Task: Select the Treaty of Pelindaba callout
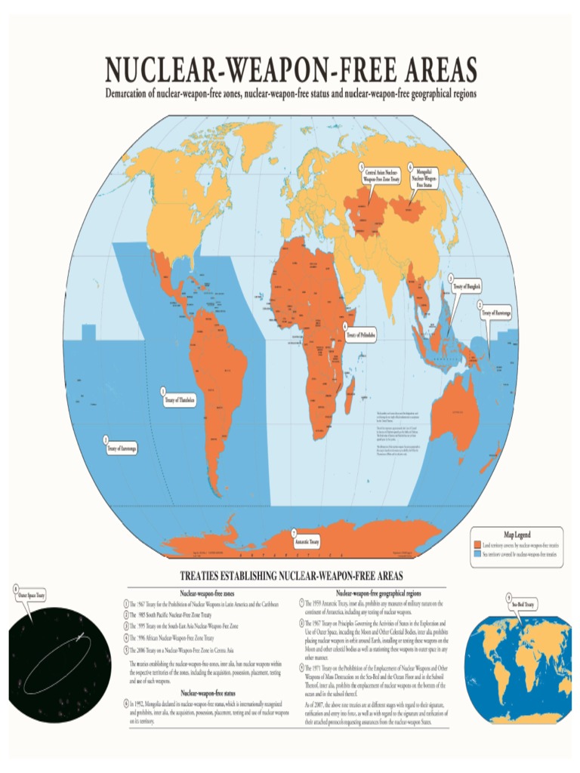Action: pos(361,334)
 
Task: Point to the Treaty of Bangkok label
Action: pos(467,287)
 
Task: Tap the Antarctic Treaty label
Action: pos(307,541)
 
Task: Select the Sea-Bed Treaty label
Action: pos(523,605)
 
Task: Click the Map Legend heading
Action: pos(517,534)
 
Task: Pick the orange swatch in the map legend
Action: pos(477,544)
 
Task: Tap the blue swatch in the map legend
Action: pos(477,553)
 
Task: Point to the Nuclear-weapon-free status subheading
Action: pos(204,692)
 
